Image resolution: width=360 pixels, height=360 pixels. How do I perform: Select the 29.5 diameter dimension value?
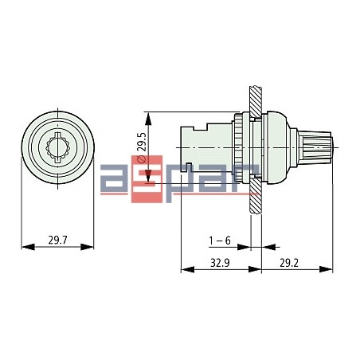click(x=142, y=142)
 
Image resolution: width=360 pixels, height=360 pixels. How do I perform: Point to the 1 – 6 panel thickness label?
click(x=220, y=240)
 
